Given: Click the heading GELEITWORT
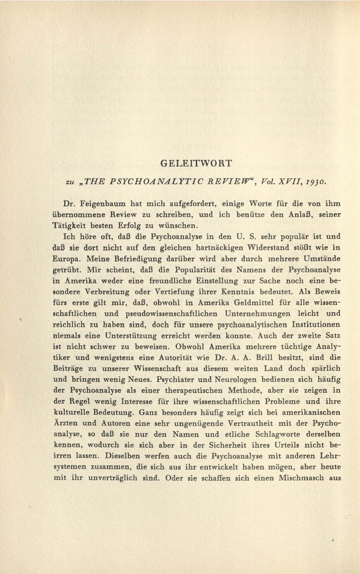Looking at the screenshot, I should (196, 163).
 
